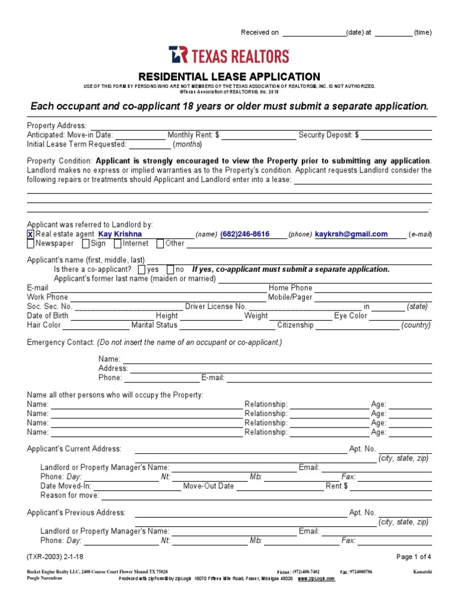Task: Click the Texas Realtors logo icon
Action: (178, 55)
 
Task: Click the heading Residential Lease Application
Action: (229, 77)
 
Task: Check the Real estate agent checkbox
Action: (30, 235)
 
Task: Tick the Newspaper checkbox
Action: (30, 244)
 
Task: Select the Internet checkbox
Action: (118, 244)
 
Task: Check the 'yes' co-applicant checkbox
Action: (142, 269)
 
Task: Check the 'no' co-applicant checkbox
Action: (170, 269)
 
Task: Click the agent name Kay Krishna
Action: (120, 235)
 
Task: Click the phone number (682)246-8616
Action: (244, 235)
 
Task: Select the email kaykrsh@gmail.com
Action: (351, 235)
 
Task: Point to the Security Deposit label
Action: (328, 136)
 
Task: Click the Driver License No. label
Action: (216, 306)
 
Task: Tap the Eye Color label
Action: (351, 316)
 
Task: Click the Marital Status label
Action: (154, 325)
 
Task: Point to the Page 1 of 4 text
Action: (414, 557)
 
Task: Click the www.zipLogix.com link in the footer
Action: (315, 579)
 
